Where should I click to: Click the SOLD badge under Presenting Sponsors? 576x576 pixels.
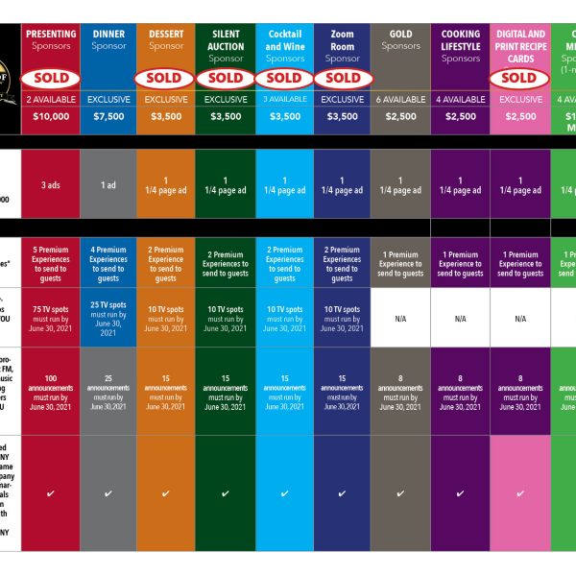51,78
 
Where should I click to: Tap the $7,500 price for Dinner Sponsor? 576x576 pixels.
108,117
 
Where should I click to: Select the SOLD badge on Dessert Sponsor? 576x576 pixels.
166,78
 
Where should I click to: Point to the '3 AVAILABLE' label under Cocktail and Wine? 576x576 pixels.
285,99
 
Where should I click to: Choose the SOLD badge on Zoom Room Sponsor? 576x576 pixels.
343,78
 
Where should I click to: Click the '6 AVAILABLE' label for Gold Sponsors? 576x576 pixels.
400,99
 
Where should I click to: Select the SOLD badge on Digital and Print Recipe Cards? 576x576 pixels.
519,78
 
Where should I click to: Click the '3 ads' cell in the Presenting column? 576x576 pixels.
51,185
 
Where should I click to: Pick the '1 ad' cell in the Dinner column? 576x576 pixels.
108,185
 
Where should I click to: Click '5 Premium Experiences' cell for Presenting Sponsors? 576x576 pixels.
51,264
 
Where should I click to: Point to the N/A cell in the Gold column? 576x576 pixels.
400,318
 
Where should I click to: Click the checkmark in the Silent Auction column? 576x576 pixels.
226,494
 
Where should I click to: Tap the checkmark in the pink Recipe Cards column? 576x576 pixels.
519,494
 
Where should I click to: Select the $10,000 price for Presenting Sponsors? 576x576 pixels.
51,117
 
